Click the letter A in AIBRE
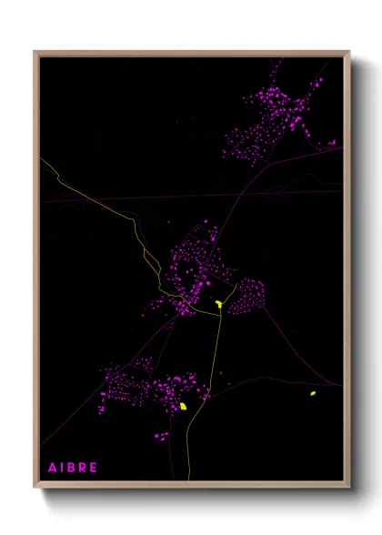pyautogui.click(x=52, y=468)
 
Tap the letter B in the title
pyautogui.click(x=70, y=468)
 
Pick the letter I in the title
pyautogui.click(x=61, y=468)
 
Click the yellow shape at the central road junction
pyautogui.click(x=219, y=305)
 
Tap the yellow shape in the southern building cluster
pyautogui.click(x=183, y=406)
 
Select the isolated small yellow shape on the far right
pyautogui.click(x=312, y=393)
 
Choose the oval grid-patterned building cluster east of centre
pyautogui.click(x=246, y=296)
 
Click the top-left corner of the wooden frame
pyautogui.click(x=35, y=52)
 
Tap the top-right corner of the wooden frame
pyautogui.click(x=349, y=52)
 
